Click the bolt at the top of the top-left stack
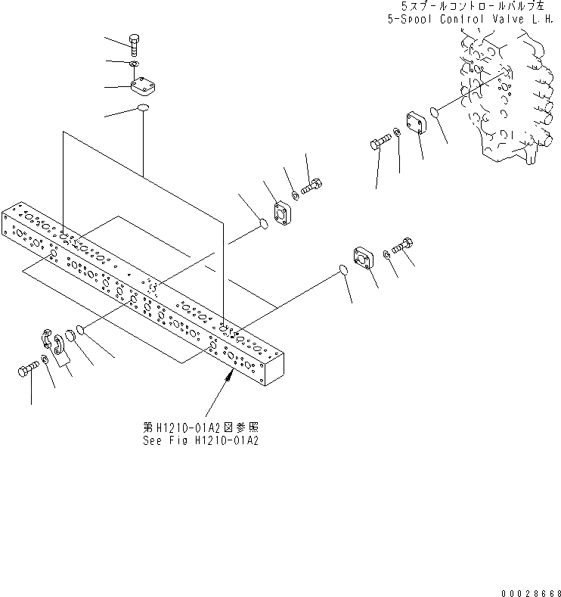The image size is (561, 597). pyautogui.click(x=134, y=46)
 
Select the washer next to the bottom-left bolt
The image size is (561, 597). pyautogui.click(x=45, y=359)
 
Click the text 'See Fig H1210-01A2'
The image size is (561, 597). pyautogui.click(x=200, y=440)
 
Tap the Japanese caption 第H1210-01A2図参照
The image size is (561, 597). pyautogui.click(x=200, y=427)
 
